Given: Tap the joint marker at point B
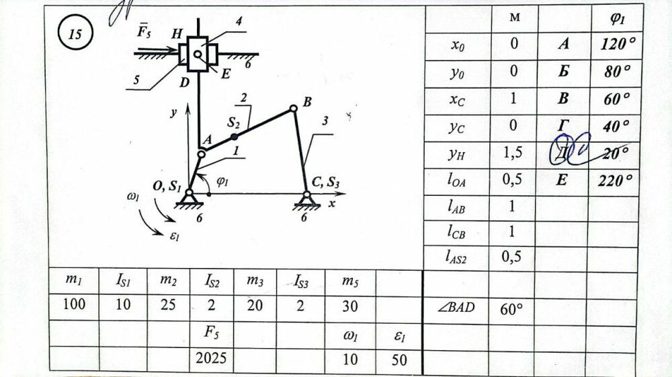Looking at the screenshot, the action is (x=293, y=108).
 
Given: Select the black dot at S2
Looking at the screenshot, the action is (x=234, y=136).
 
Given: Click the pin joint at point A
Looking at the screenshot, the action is (x=201, y=154).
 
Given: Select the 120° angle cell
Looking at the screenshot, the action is (x=618, y=45).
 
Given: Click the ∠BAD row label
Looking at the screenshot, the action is (x=456, y=308).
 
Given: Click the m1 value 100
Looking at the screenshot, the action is (x=74, y=304).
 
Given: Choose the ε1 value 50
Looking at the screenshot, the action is (x=399, y=359).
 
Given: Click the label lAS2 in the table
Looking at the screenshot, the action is (x=456, y=256).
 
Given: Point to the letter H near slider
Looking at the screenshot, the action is (x=177, y=34).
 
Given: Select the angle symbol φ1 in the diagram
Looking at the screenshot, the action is (x=222, y=182).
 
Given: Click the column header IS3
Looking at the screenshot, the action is (x=300, y=280).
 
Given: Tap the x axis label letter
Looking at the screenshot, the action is (x=331, y=204).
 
